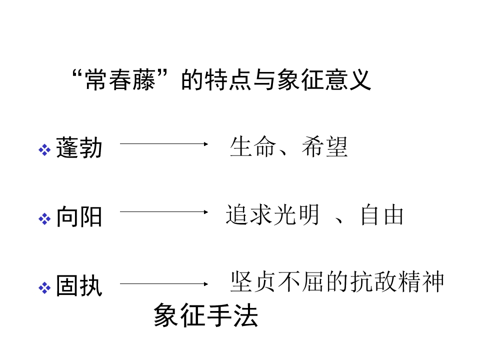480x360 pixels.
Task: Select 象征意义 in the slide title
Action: (324, 79)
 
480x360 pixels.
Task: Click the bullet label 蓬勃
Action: (79, 147)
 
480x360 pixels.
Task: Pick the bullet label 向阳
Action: (79, 216)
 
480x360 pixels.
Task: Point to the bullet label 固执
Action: (79, 285)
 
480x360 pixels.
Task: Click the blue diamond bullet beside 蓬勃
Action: (44, 149)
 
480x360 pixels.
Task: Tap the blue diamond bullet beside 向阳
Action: (44, 219)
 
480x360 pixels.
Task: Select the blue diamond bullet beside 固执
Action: (44, 288)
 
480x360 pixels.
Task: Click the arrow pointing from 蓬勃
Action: (164, 144)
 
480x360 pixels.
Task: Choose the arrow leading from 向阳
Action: (164, 212)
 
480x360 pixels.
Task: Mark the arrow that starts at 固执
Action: (164, 284)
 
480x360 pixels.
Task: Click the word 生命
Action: (253, 146)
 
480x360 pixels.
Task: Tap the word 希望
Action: (325, 146)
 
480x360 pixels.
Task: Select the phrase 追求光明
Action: (273, 214)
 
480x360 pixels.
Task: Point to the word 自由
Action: (382, 214)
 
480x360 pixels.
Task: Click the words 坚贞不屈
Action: (277, 281)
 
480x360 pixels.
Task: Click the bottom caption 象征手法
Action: (205, 315)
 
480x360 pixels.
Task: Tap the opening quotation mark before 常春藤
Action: (78, 74)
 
